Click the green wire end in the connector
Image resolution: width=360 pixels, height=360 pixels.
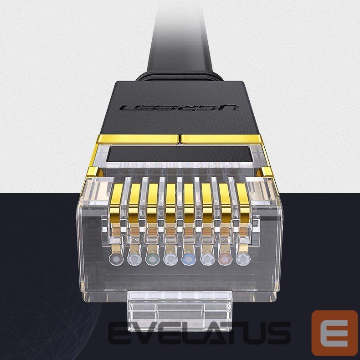click(152, 259)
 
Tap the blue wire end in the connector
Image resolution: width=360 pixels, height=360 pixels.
click(189, 259)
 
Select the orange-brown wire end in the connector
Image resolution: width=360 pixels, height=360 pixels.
click(225, 259)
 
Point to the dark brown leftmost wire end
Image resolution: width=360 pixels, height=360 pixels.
click(116, 259)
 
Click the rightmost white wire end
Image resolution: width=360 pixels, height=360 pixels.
click(243, 259)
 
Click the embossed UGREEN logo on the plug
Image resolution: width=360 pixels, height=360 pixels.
click(180, 108)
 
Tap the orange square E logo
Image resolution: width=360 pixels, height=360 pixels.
click(334, 333)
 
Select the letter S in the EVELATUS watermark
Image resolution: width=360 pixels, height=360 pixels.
click(279, 333)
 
